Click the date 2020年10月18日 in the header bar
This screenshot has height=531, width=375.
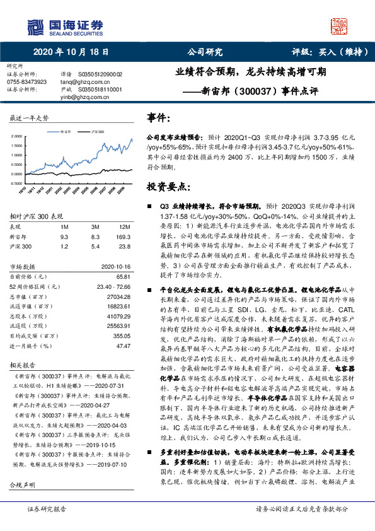66,53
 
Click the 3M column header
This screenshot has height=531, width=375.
96,226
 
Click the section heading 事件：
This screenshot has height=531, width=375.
159,118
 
